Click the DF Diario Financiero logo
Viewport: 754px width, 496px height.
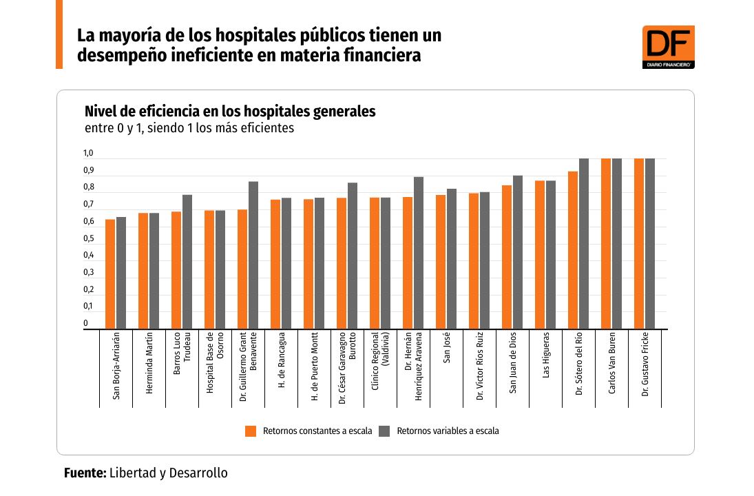pos(668,47)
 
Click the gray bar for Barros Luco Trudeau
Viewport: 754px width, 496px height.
pos(187,262)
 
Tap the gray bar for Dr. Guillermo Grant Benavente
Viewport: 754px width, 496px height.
pos(253,255)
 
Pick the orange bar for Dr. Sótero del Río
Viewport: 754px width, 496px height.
pos(573,250)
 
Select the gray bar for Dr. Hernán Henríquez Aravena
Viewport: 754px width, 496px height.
pos(419,253)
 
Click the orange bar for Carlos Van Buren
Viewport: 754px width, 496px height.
pos(606,244)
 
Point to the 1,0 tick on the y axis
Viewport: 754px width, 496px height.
pos(89,154)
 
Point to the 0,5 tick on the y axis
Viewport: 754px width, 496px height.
pos(89,239)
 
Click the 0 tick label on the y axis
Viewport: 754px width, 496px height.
pos(87,323)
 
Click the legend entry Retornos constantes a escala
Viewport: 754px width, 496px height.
pos(317,431)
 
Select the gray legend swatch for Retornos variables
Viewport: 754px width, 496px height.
pos(385,431)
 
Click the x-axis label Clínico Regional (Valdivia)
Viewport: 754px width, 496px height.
pos(380,371)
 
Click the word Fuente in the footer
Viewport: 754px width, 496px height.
pos(85,473)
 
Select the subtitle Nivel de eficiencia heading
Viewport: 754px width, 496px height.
pos(230,112)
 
